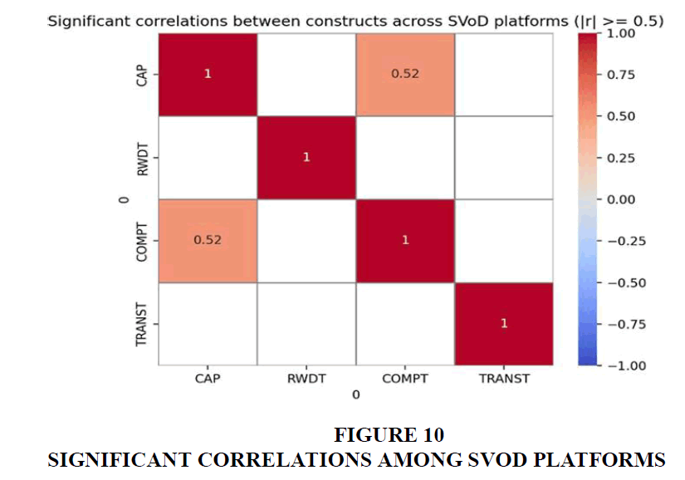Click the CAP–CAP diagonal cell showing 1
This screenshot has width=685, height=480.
click(208, 74)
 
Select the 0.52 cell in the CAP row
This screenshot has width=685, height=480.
click(404, 74)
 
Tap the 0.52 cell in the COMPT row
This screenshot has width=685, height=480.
click(208, 240)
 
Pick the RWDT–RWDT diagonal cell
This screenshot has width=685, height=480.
click(306, 157)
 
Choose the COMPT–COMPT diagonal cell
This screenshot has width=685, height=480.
click(404, 240)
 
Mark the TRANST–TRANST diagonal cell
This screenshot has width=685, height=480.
click(503, 323)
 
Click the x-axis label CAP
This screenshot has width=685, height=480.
click(208, 379)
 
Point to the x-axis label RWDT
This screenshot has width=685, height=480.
click(306, 379)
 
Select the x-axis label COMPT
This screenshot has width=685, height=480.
click(404, 379)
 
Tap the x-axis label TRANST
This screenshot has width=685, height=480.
click(503, 379)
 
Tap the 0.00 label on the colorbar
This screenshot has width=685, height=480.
click(624, 199)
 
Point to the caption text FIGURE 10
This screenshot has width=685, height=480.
click(389, 434)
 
